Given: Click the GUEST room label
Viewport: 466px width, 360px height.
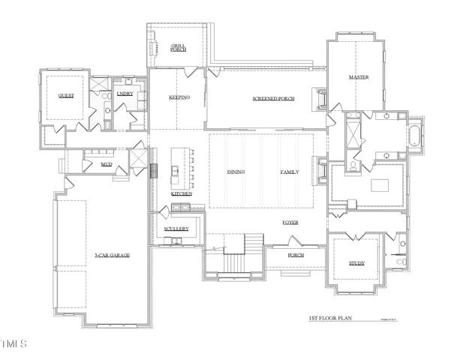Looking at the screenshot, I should (x=65, y=97).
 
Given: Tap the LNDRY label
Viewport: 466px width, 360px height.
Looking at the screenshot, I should (x=125, y=94).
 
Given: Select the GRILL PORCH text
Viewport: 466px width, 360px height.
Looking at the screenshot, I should (x=178, y=48).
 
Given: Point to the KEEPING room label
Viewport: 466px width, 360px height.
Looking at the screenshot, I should (x=179, y=97).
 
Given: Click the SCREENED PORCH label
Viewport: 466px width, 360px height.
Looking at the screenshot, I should (x=273, y=98).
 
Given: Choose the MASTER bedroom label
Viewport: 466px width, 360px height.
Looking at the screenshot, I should (x=358, y=77).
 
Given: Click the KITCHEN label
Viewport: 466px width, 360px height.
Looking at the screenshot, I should (x=182, y=193).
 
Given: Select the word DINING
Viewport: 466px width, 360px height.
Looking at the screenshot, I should (x=236, y=172).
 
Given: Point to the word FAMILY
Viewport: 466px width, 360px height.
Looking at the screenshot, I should (x=290, y=172).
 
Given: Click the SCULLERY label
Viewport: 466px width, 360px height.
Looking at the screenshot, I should (x=176, y=228).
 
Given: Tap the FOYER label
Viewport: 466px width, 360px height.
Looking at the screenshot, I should (x=290, y=223).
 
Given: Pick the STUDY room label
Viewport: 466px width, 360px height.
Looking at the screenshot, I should (x=356, y=262).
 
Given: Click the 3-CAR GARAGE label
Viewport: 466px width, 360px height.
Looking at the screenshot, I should (x=112, y=256).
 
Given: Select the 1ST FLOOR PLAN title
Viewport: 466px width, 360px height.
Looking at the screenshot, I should (x=330, y=319).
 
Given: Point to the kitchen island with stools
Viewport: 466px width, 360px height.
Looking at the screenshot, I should (x=179, y=166).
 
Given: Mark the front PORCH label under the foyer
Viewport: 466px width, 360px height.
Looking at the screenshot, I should (x=295, y=255).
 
